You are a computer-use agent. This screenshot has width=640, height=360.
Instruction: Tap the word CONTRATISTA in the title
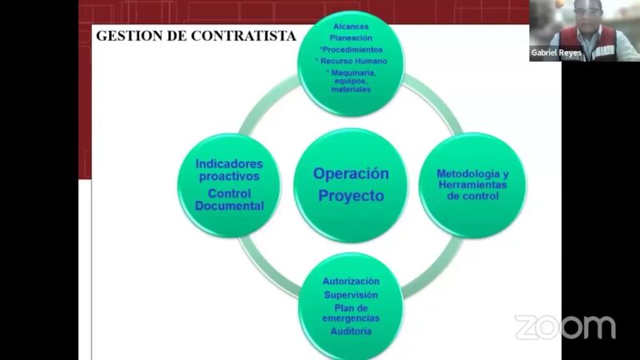pos(243,36)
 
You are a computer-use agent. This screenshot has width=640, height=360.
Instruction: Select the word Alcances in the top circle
pos(351,27)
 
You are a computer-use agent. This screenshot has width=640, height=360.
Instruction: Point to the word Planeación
pos(351,38)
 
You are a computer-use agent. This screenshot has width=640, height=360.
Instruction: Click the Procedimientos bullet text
pos(352,50)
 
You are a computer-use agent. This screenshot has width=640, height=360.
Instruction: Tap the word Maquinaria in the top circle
pos(353,73)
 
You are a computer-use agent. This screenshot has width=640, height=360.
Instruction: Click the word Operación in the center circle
pos(351,174)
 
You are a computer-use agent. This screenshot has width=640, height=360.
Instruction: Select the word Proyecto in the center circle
pos(351,196)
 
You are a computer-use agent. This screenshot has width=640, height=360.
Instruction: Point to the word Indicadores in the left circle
pos(229,164)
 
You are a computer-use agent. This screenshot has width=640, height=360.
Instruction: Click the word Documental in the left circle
pos(229,206)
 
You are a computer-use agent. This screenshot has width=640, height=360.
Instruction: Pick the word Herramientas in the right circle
pos(472,185)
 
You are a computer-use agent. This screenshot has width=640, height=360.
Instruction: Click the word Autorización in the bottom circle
pos(351,281)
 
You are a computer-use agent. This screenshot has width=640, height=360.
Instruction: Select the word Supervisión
pos(351,295)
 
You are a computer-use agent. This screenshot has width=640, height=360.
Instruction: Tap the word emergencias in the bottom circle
pos(351,318)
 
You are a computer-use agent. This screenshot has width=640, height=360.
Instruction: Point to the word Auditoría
pos(351,331)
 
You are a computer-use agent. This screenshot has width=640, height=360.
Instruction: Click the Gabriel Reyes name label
pos(557,52)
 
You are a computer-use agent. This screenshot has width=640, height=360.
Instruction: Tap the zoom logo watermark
pos(565,327)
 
